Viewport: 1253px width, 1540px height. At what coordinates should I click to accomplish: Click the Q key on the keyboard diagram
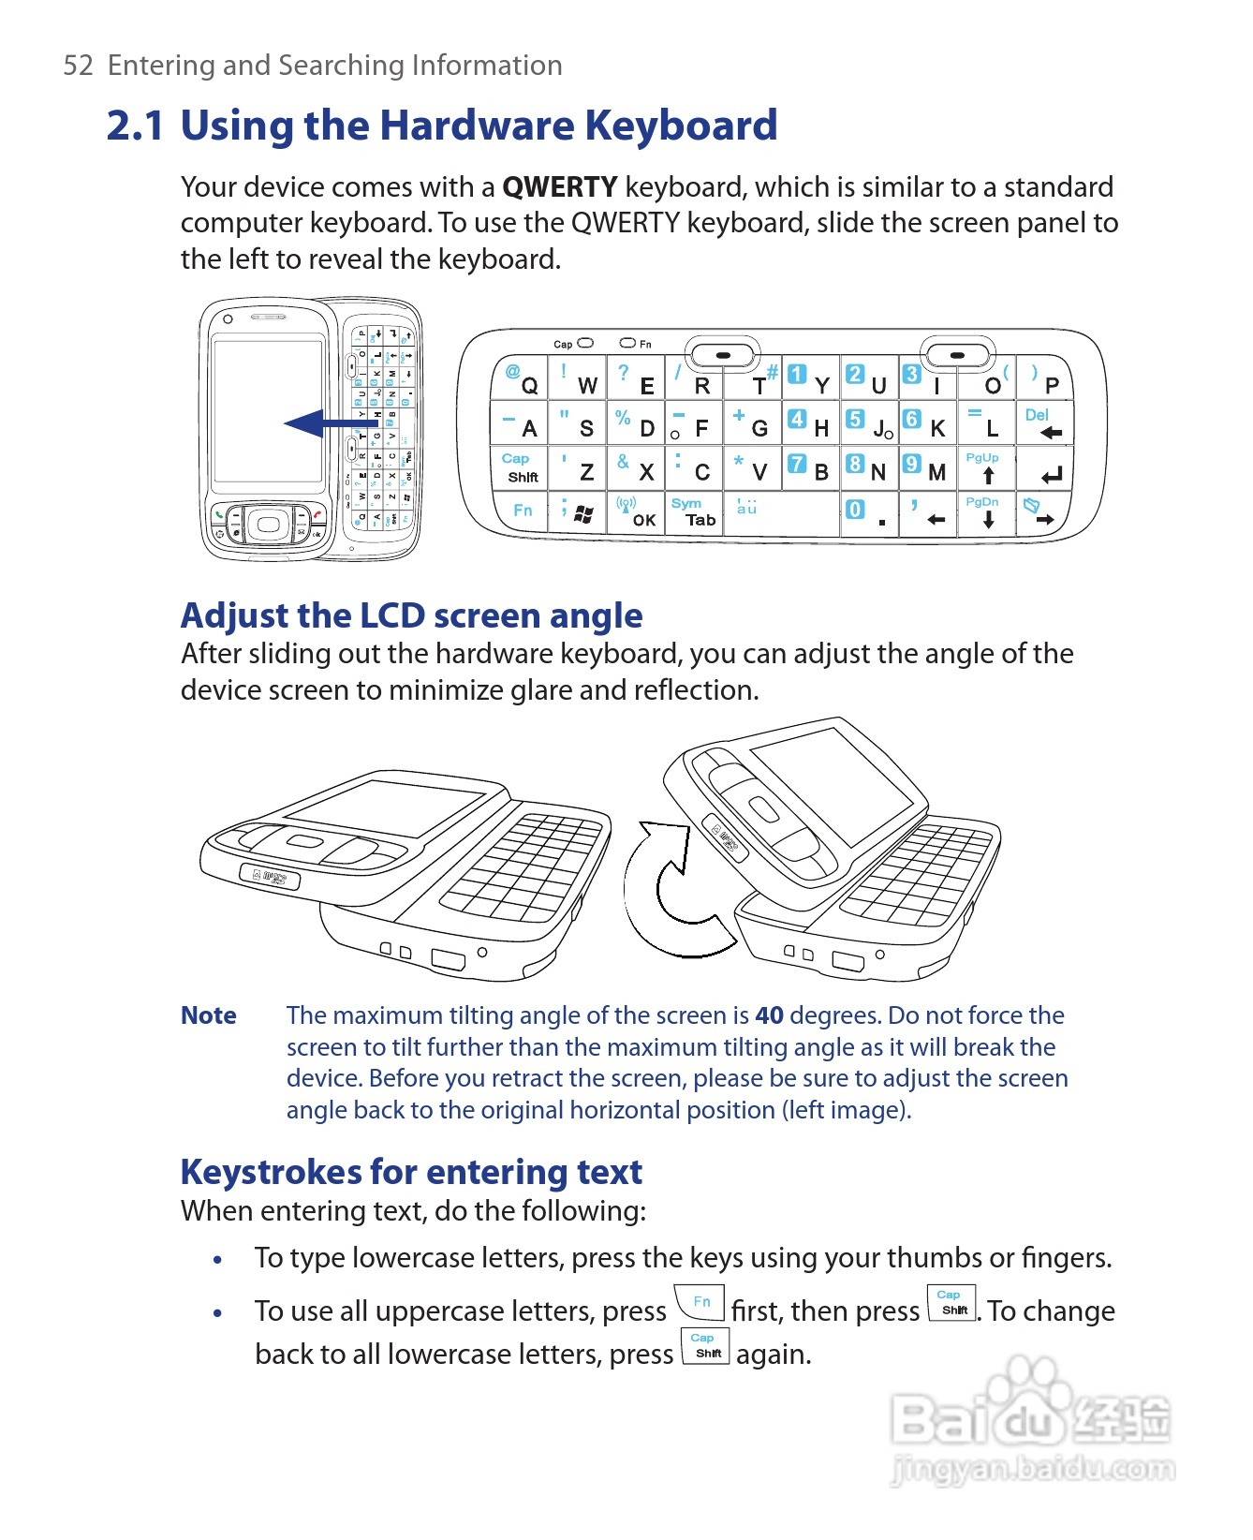click(521, 378)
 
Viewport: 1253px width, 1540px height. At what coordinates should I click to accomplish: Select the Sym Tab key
click(693, 512)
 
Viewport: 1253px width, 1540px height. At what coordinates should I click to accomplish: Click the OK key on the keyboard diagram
click(636, 512)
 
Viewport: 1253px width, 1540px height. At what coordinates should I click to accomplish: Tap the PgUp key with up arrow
click(985, 467)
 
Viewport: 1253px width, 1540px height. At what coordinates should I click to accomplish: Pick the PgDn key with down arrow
click(985, 512)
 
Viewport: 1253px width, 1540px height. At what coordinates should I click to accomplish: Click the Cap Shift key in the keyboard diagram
click(520, 467)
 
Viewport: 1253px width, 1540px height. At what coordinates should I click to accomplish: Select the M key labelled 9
click(926, 467)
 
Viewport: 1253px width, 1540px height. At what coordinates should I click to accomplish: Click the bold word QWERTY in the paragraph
click(559, 187)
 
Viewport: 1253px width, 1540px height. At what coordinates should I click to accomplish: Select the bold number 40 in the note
click(769, 1015)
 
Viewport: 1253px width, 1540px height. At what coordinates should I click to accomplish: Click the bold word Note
click(208, 1015)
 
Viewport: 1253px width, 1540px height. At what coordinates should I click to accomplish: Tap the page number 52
click(78, 66)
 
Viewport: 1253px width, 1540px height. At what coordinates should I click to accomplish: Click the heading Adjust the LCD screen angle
click(411, 615)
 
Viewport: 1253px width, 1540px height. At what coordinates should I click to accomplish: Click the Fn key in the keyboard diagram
click(522, 511)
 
